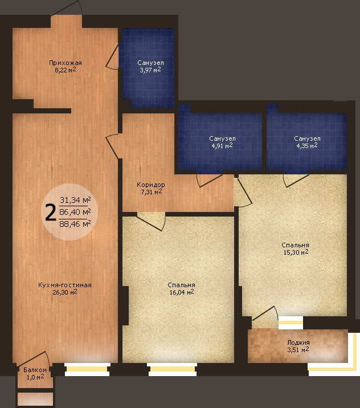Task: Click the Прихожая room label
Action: point(66,63)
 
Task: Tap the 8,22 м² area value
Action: point(66,70)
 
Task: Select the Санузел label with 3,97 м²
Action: point(150,63)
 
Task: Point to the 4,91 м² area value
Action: point(222,145)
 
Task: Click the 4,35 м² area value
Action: point(307,145)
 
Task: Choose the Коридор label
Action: point(150,185)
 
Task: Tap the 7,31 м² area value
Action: point(151,192)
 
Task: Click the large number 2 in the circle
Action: point(51,212)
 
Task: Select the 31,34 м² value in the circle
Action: point(75,200)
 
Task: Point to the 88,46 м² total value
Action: point(75,223)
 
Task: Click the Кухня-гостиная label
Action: point(65,285)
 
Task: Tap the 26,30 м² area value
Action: point(65,292)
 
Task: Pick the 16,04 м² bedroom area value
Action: point(182,292)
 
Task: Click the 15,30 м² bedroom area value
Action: point(296,252)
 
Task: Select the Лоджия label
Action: point(298,342)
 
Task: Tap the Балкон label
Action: point(35,370)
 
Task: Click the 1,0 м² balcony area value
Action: point(35,377)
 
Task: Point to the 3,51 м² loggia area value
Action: point(298,349)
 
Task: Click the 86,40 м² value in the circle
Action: point(75,212)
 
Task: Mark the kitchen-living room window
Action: point(87,369)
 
